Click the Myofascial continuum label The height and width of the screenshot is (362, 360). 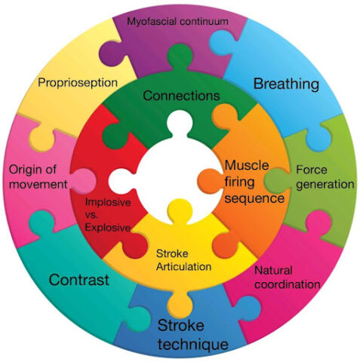pos(177,21)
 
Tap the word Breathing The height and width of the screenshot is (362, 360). pos(286,84)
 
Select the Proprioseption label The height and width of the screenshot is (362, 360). pos(78,83)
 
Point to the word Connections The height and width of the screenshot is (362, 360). pos(181,96)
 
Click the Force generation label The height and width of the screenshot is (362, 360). pos(325,177)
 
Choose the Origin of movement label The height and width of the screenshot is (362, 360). pos(38,177)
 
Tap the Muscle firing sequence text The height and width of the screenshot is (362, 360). pos(254,182)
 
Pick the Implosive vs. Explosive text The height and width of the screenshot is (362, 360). pos(108,215)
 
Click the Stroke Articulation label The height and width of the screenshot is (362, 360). pos(183,260)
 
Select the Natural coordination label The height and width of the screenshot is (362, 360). pos(288,278)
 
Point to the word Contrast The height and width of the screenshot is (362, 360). pos(79,280)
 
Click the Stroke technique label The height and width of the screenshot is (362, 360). pos(193,335)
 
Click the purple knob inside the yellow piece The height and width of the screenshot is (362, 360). pos(112,55)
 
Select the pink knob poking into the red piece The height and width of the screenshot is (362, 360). pos(84,181)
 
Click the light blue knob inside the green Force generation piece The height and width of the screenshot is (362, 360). pos(318,139)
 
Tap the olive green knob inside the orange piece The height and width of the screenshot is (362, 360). pos(275,181)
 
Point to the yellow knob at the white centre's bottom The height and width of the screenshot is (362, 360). pos(180,210)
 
